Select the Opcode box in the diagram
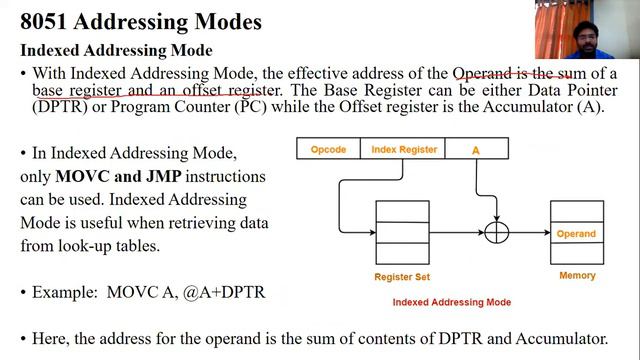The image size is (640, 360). tap(328, 150)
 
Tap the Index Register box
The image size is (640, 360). tap(404, 150)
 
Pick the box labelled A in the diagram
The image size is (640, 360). tap(476, 150)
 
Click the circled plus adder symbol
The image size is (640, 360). tap(496, 232)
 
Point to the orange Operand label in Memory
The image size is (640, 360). tap(576, 234)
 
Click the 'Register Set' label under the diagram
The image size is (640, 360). tap(401, 276)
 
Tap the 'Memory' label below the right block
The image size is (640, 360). tap(577, 275)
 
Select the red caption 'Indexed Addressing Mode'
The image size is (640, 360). tap(451, 302)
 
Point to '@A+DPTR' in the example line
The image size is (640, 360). tap(232, 293)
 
